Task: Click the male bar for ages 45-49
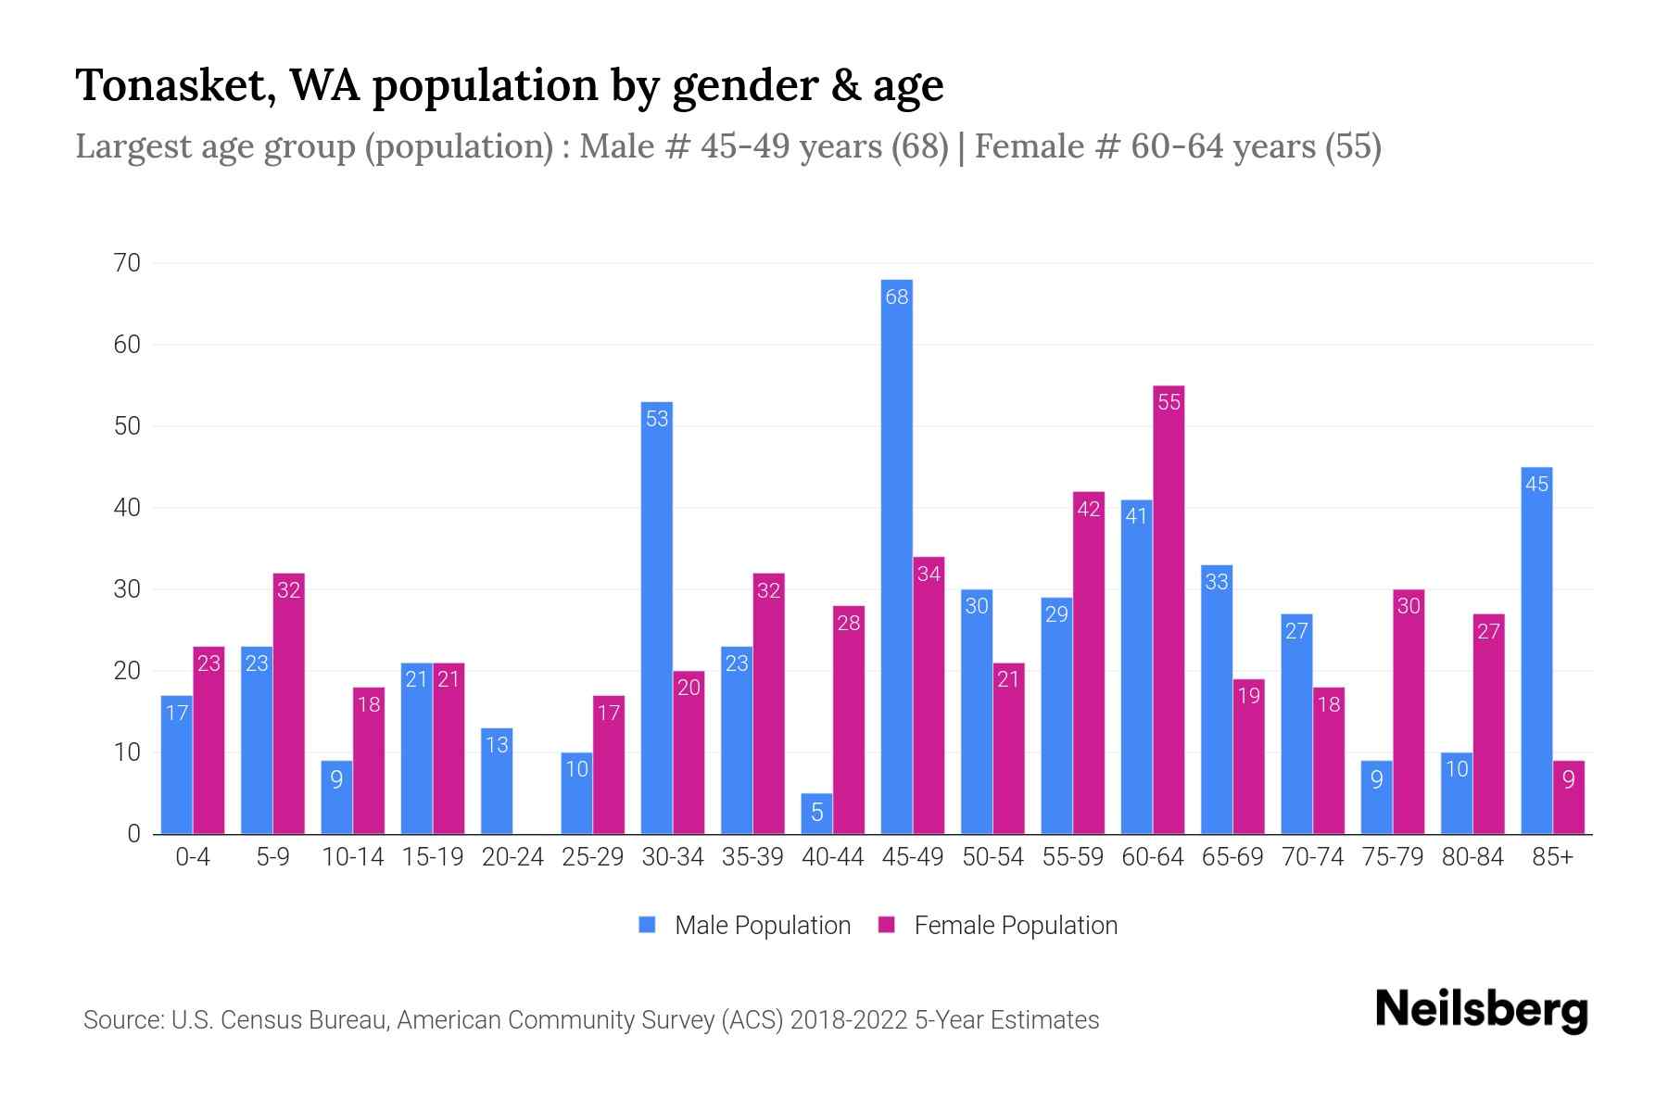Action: (896, 556)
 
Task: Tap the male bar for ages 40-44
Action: (816, 814)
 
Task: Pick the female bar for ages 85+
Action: (1568, 797)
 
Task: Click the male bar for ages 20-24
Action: (497, 781)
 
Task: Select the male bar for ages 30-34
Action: (656, 618)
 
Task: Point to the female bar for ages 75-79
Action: (1408, 712)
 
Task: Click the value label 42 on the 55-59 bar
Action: (1088, 509)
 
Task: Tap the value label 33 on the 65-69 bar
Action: (1216, 582)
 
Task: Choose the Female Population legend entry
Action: (998, 925)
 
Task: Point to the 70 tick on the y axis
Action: (127, 263)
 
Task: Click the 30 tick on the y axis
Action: (127, 589)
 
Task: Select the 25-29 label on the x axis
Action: (592, 857)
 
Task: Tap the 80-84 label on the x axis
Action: (1472, 857)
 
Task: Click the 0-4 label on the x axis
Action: (193, 857)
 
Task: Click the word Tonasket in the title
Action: (175, 85)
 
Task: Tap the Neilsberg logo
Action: (1481, 1010)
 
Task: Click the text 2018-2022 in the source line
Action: (848, 1020)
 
